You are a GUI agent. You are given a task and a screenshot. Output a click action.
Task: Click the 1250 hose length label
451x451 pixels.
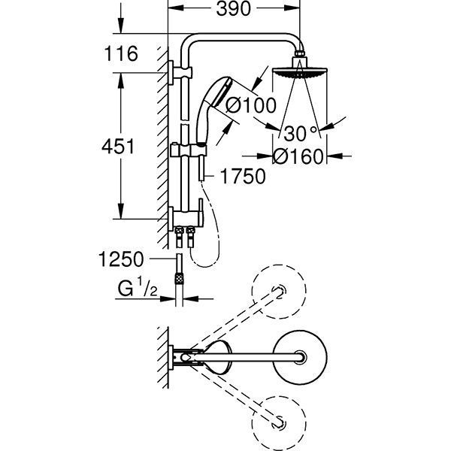click(x=120, y=260)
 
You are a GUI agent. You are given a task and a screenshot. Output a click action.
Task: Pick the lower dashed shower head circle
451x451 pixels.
click(x=280, y=421)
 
